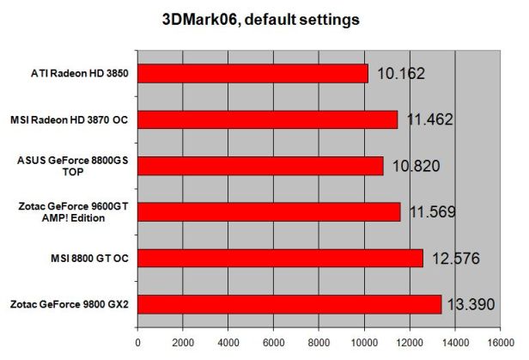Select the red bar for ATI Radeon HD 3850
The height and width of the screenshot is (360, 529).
pos(252,73)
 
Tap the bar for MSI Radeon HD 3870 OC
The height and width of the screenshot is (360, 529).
pos(267,119)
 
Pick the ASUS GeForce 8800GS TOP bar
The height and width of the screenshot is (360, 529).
pos(260,166)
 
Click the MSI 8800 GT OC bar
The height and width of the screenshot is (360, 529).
pos(280,258)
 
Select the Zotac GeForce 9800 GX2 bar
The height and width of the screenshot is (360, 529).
pos(289,304)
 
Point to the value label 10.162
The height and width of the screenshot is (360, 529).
pos(403,74)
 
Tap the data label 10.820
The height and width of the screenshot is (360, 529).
pos(416,166)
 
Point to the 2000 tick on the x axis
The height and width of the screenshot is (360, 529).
pos(182,341)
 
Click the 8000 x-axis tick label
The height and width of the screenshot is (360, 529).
pos(319,341)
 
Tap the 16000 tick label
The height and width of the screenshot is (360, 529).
pos(500,341)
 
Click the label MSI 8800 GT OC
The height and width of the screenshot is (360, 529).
pos(88,258)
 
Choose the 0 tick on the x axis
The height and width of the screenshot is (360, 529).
pos(137,341)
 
